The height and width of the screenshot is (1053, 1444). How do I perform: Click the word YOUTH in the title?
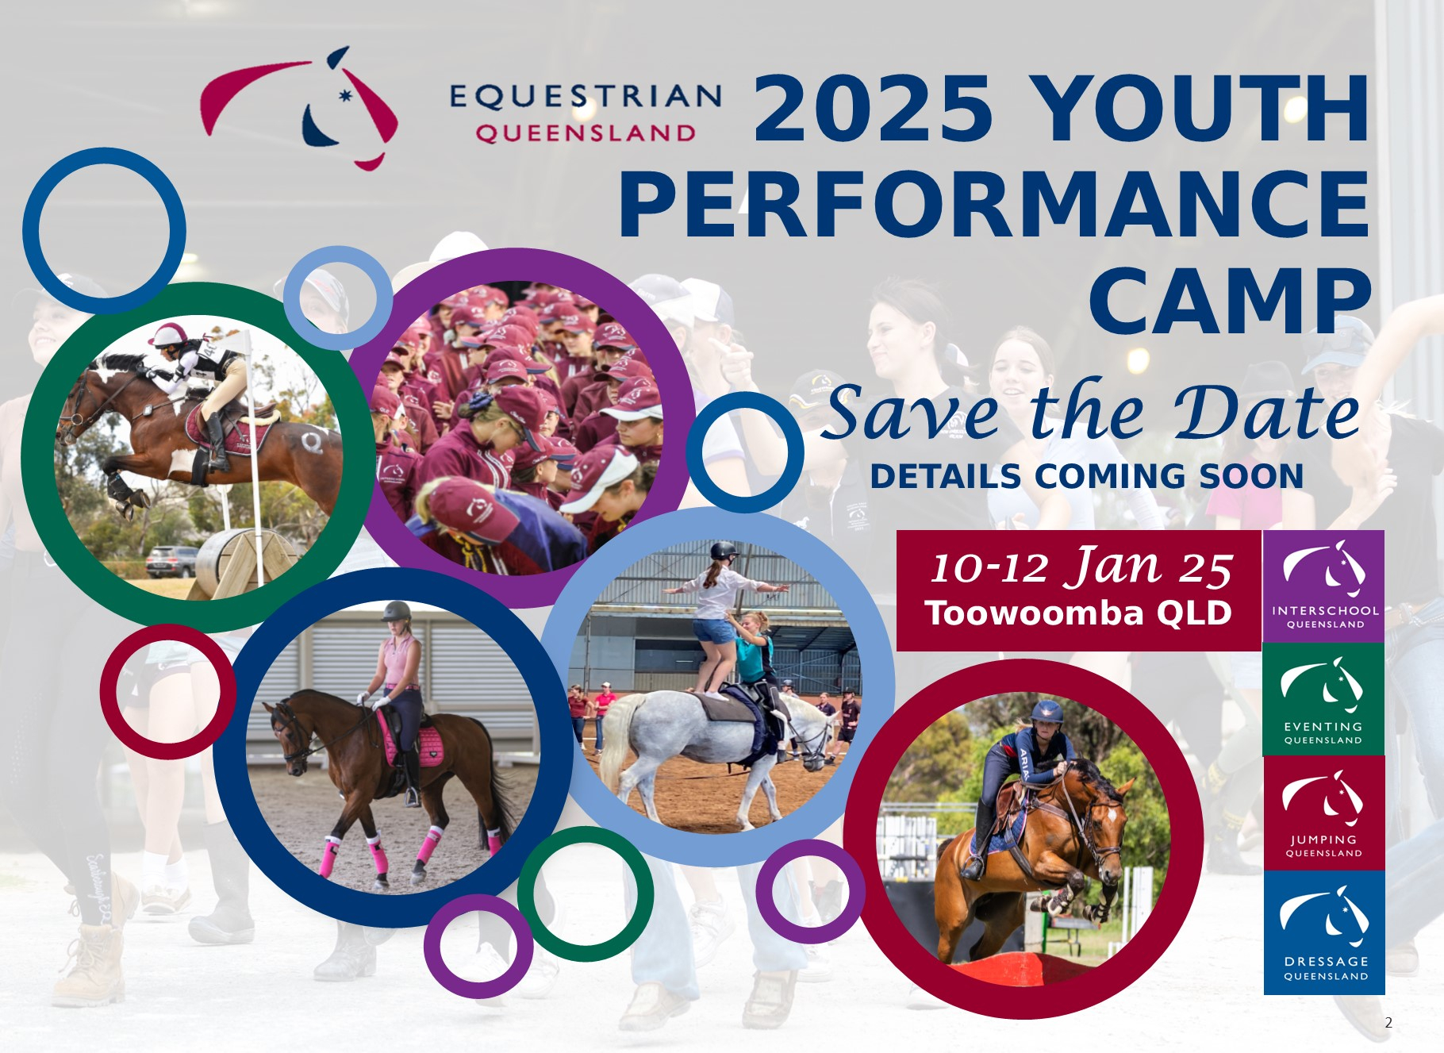pos(1201,109)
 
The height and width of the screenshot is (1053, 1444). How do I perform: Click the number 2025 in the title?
pos(873,109)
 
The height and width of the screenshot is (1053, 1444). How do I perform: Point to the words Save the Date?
pos(1091,413)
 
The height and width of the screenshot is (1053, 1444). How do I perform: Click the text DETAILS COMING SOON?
pos(1086,477)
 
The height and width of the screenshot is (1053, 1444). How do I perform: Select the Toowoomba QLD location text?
pos(1077,613)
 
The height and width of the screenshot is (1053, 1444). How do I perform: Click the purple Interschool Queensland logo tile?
pos(1323,586)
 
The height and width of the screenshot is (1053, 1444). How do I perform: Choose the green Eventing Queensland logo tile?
pos(1323,699)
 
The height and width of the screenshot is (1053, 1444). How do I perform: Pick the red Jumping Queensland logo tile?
pos(1323,813)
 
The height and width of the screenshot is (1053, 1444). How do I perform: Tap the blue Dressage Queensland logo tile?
pos(1323,933)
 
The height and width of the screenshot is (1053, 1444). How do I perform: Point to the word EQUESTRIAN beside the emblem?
pos(586,97)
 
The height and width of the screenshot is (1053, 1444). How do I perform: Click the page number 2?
pos(1388,1023)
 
